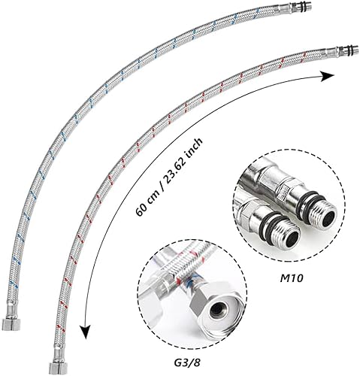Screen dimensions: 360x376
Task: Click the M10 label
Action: pyautogui.click(x=292, y=278)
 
